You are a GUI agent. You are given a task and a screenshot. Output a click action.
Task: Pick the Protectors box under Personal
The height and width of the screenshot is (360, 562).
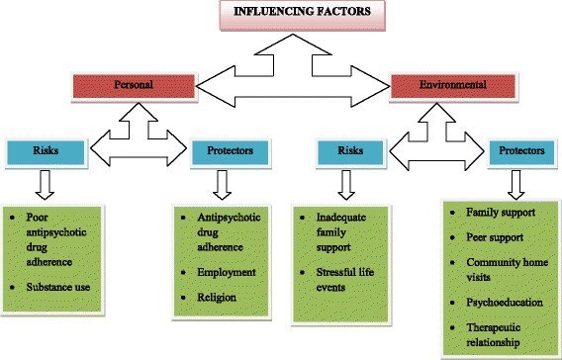232,151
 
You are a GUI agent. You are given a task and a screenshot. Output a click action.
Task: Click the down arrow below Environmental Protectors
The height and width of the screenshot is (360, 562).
515,184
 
